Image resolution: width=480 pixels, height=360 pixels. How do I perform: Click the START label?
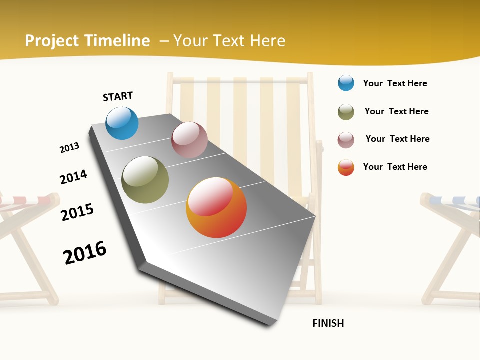pyautogui.click(x=118, y=96)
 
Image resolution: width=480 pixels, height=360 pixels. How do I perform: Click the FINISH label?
pyautogui.click(x=328, y=323)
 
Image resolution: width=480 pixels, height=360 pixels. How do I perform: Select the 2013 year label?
pyautogui.click(x=69, y=148)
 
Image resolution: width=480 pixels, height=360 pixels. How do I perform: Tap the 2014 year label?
pyautogui.click(x=73, y=177)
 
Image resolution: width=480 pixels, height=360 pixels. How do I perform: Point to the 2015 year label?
pyautogui.click(x=77, y=212)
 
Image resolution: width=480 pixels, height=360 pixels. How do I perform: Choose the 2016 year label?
pyautogui.click(x=85, y=253)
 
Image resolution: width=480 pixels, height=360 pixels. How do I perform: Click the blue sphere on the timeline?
pyautogui.click(x=122, y=123)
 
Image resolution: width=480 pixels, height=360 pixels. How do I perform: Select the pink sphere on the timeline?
pyautogui.click(x=189, y=140)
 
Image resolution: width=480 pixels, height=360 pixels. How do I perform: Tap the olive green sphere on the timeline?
pyautogui.click(x=145, y=180)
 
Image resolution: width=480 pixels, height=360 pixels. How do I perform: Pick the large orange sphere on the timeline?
pyautogui.click(x=216, y=207)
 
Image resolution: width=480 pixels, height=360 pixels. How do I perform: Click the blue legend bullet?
pyautogui.click(x=346, y=83)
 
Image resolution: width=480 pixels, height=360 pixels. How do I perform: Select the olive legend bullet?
pyautogui.click(x=346, y=112)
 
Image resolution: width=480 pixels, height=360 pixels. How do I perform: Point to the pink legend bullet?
pyautogui.click(x=346, y=139)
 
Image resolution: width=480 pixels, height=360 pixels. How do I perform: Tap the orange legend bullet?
pyautogui.click(x=346, y=167)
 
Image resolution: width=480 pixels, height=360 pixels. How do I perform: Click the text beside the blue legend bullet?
pyautogui.click(x=395, y=83)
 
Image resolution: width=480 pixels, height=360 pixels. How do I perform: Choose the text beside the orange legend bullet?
pyautogui.click(x=395, y=167)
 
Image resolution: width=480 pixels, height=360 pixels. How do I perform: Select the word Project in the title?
pyautogui.click(x=52, y=41)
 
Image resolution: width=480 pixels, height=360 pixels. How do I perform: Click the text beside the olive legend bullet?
pyautogui.click(x=396, y=111)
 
